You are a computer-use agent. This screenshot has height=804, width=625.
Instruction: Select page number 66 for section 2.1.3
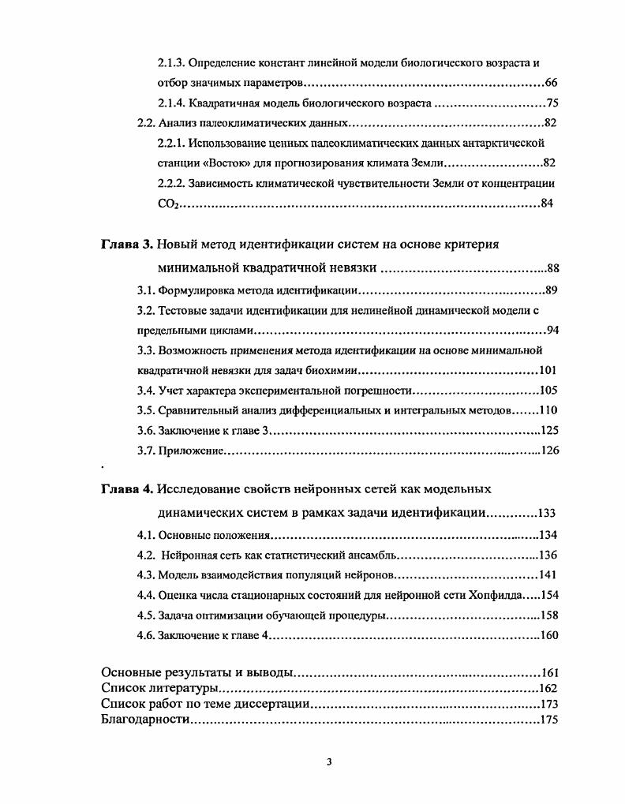click(x=551, y=83)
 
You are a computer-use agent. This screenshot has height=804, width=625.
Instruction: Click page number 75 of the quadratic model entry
click(x=552, y=103)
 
